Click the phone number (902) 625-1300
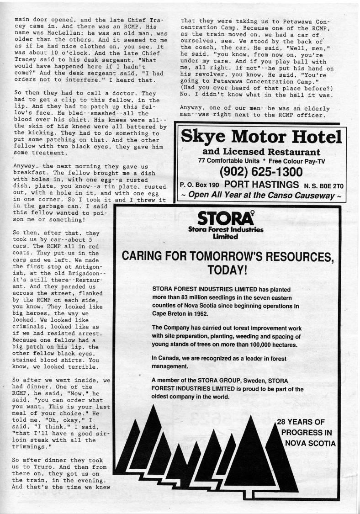(261, 172)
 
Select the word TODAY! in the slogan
(227, 270)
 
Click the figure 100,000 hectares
(278, 344)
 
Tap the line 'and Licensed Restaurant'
(261, 152)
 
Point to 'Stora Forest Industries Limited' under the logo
(226, 233)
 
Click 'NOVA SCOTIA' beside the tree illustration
(310, 443)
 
